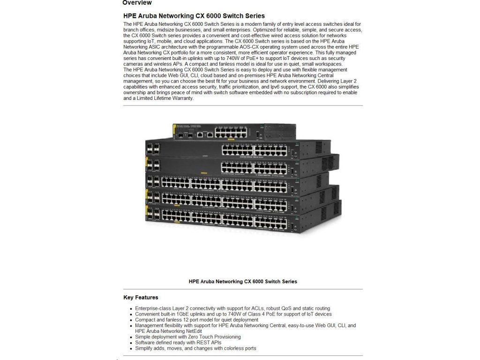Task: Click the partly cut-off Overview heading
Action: click(x=137, y=3)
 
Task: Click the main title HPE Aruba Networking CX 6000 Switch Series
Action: click(x=194, y=16)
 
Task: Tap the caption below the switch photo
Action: click(x=242, y=282)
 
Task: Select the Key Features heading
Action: click(x=141, y=298)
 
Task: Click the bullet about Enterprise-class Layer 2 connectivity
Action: click(x=232, y=308)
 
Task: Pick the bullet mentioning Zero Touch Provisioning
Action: click(x=187, y=337)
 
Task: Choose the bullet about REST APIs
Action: click(x=178, y=343)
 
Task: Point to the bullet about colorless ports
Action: click(x=195, y=348)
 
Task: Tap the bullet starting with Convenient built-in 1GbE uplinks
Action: click(x=233, y=314)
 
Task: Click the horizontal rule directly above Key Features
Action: click(x=242, y=289)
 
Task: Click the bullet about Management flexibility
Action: click(x=245, y=325)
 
